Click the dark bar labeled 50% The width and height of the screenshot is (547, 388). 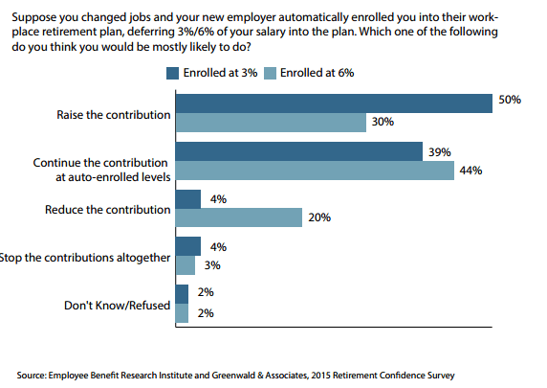pyautogui.click(x=334, y=103)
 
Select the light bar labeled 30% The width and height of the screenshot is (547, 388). pyautogui.click(x=271, y=123)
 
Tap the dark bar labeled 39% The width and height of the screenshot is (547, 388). pyautogui.click(x=299, y=151)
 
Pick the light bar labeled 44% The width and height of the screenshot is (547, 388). pyautogui.click(x=315, y=171)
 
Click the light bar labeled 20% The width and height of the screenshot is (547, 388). pyautogui.click(x=239, y=217)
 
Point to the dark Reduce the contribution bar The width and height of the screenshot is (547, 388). pyautogui.click(x=188, y=199)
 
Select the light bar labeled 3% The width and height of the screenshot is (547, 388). pyautogui.click(x=186, y=265)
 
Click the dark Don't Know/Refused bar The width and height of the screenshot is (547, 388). pyautogui.click(x=182, y=294)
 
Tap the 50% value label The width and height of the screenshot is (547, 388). pyautogui.click(x=510, y=100)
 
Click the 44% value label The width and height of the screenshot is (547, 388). pyautogui.click(x=470, y=171)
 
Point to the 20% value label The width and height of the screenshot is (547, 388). pyautogui.click(x=319, y=217)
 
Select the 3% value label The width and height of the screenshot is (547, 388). pyautogui.click(x=212, y=265)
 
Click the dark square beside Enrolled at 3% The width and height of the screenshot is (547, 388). pyautogui.click(x=172, y=73)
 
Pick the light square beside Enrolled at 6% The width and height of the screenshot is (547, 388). pyautogui.click(x=270, y=73)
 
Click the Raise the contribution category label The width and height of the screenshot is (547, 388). pyautogui.click(x=114, y=115)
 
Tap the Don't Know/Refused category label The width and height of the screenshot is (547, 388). pyautogui.click(x=118, y=306)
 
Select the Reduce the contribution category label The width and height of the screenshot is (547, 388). pyautogui.click(x=108, y=210)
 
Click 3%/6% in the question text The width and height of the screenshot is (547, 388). pyautogui.click(x=195, y=32)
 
